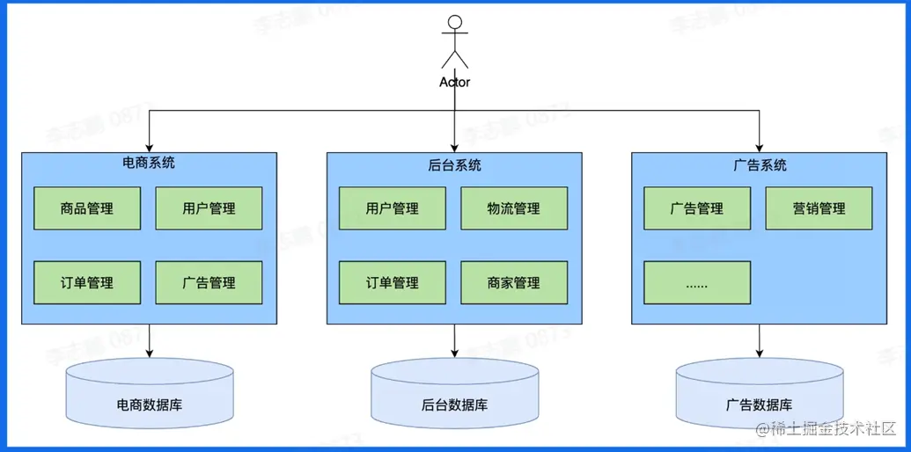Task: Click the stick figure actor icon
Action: (454, 41)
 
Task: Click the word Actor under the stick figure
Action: (454, 82)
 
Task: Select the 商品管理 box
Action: (87, 209)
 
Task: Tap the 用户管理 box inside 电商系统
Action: (209, 209)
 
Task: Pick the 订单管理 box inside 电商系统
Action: (87, 283)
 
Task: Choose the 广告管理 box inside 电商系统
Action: (209, 283)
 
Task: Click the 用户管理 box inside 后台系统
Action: (393, 209)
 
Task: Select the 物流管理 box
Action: (514, 209)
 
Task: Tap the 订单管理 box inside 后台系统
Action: (393, 283)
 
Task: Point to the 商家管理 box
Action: (514, 283)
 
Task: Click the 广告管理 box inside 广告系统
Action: (697, 209)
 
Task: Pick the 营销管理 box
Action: (819, 209)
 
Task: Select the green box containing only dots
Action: (697, 283)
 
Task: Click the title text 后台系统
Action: (454, 165)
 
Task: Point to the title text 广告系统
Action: (760, 165)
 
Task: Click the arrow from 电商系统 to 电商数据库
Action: (150, 341)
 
